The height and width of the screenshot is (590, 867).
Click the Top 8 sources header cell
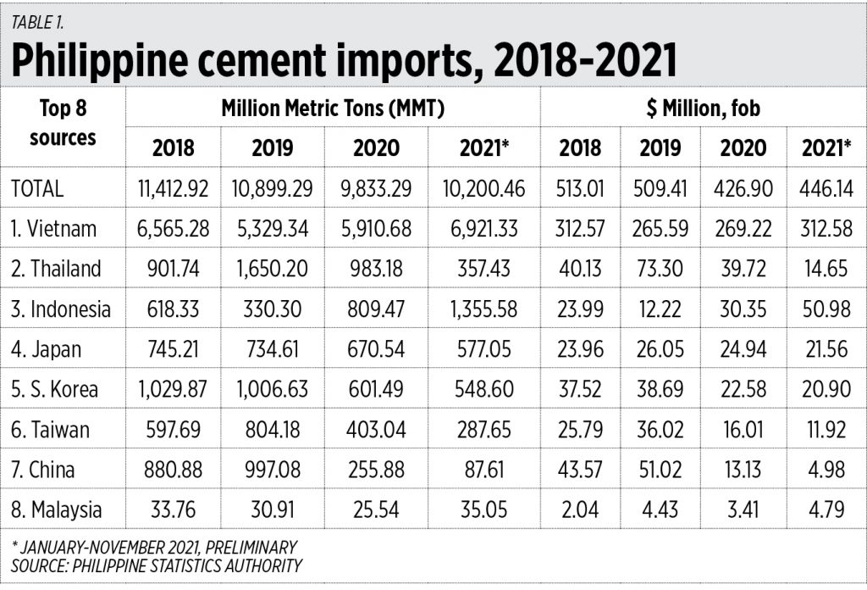click(x=63, y=123)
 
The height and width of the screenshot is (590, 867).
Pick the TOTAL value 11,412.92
click(x=173, y=189)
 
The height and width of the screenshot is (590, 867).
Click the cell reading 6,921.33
click(x=483, y=229)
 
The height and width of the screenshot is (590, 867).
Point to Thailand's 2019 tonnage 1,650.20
click(x=272, y=269)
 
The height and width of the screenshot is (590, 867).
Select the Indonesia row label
click(x=60, y=309)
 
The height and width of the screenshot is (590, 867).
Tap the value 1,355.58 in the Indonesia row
click(x=483, y=309)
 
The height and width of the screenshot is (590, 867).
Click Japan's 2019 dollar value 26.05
click(x=660, y=349)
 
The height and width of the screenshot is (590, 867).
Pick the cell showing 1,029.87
click(x=173, y=390)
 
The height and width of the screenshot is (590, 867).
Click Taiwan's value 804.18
click(x=272, y=430)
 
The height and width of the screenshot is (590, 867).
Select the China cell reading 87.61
click(x=483, y=470)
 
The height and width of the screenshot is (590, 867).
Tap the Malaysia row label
click(x=56, y=509)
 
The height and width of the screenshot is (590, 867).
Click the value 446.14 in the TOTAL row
click(x=821, y=189)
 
